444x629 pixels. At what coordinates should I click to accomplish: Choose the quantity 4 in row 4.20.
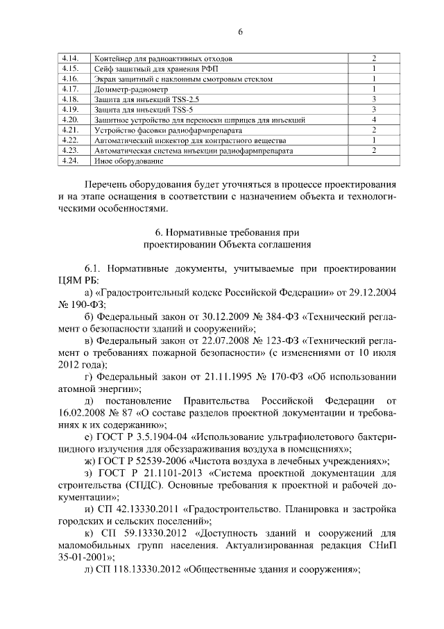tap(373, 120)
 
